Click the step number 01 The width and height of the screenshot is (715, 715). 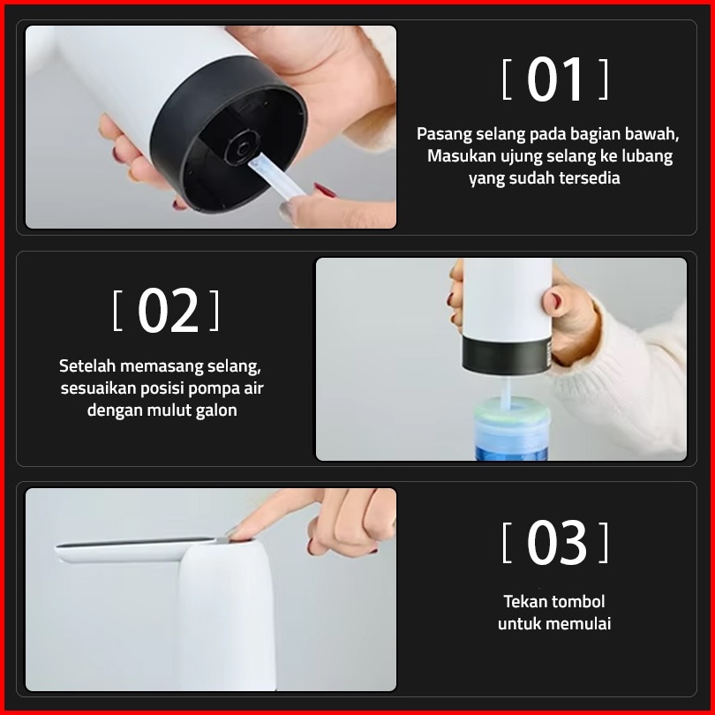tap(555, 79)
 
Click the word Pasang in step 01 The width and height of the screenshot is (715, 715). tap(444, 134)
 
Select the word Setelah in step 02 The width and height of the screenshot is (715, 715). tap(87, 365)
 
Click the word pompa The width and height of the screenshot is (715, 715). tap(214, 389)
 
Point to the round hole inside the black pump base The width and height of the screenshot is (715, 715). tap(243, 147)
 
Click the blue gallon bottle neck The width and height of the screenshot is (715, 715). tap(512, 430)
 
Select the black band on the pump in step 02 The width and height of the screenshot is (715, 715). tap(507, 355)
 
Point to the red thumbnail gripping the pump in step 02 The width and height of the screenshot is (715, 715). tap(556, 300)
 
